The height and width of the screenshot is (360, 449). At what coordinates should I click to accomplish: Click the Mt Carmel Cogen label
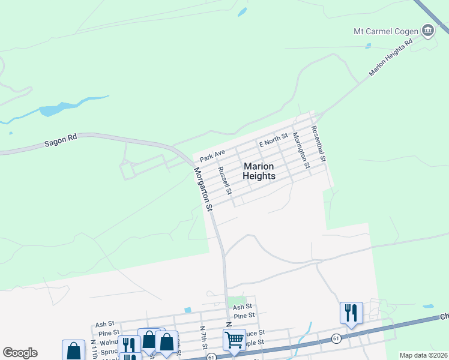coord(385,31)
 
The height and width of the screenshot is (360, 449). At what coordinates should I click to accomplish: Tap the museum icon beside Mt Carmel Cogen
coord(428,30)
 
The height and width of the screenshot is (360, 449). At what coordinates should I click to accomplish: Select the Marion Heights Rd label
coord(391,58)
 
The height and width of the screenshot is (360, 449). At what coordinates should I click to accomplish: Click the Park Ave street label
coord(212,156)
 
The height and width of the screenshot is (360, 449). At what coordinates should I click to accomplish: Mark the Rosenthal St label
coord(318,144)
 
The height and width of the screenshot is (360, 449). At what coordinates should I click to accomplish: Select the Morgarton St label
coord(203,188)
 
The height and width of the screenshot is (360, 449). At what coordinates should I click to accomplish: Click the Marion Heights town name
coord(259,171)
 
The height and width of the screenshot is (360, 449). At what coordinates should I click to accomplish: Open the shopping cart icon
coord(234,340)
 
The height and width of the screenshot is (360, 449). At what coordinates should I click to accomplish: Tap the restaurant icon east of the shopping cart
coord(351,313)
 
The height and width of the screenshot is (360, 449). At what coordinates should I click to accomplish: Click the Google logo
coord(20,353)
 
